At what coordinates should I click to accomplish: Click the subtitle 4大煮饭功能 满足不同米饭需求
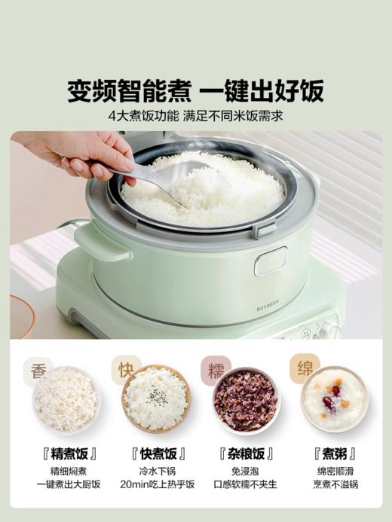(195, 118)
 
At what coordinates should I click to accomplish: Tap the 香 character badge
(38, 371)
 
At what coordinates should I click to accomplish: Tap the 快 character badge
(126, 370)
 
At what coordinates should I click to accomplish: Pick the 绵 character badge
(304, 369)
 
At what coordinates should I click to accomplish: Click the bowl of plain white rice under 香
(66, 399)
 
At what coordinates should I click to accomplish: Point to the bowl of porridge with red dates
(332, 399)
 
